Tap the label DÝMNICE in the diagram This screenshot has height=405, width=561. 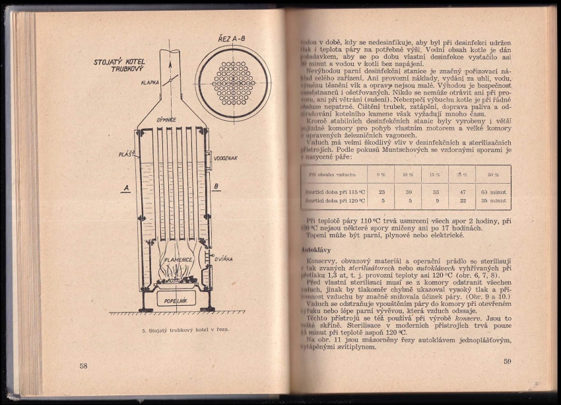click(166, 120)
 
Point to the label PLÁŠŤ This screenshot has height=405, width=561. click(127, 154)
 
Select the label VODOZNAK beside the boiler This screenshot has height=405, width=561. click(226, 159)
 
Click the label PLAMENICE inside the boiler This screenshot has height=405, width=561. click(178, 260)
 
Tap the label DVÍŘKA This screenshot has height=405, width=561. click(226, 260)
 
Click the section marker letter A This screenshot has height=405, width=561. click(125, 188)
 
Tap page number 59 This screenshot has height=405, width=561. click(507, 361)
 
